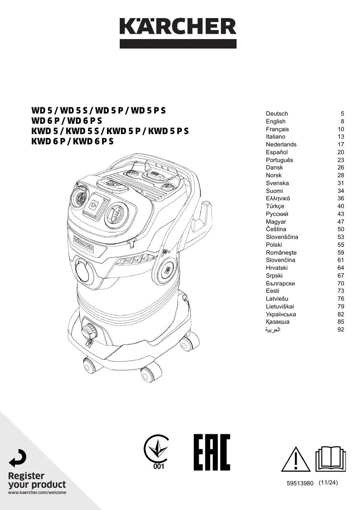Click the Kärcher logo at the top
click(x=178, y=33)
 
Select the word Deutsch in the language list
click(x=276, y=114)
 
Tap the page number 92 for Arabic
click(x=341, y=329)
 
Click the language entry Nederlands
click(x=281, y=144)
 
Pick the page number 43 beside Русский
click(x=341, y=214)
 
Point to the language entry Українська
click(x=281, y=314)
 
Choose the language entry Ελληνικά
click(x=278, y=198)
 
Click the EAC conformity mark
click(x=212, y=452)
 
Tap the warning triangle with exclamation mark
click(x=295, y=459)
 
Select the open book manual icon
click(x=331, y=459)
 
